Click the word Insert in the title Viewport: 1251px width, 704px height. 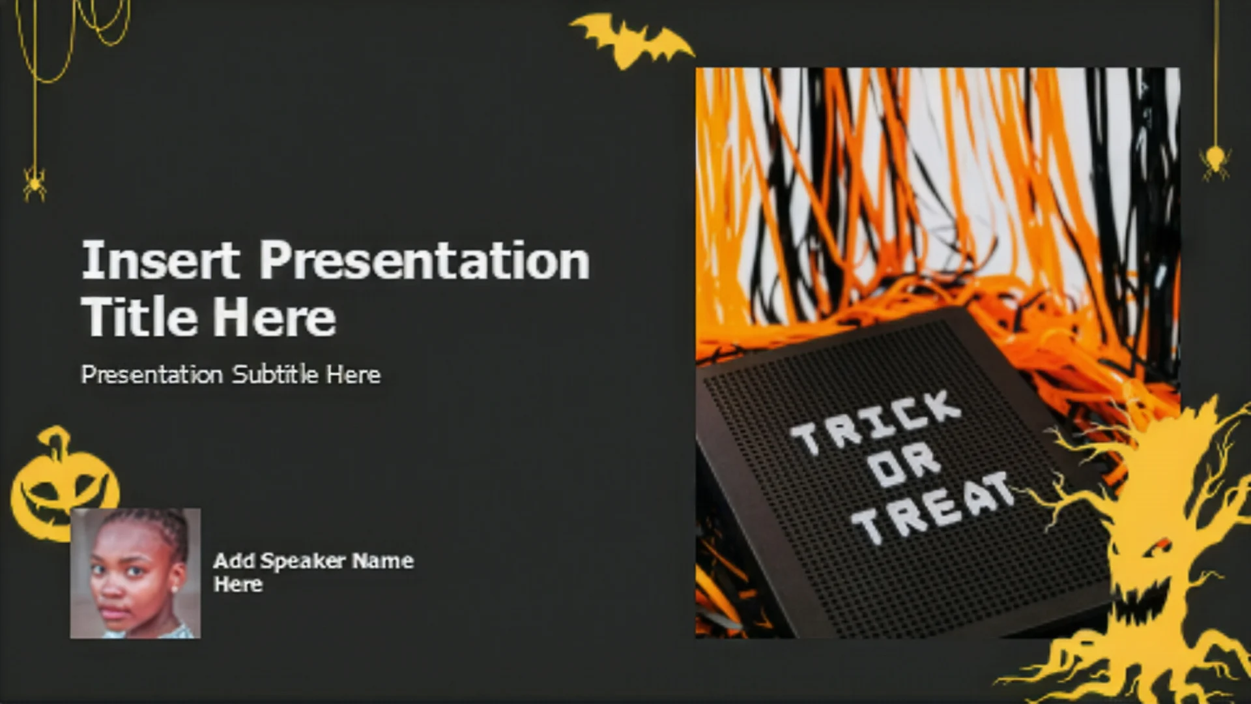[x=160, y=260]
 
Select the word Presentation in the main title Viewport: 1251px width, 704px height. [x=425, y=260]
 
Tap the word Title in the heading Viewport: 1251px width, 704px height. [x=139, y=317]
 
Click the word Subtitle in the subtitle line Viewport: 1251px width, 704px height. [x=276, y=374]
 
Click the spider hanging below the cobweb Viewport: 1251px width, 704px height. [x=35, y=184]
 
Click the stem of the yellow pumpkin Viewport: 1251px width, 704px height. [x=57, y=441]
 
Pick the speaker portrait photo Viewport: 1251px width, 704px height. [x=136, y=573]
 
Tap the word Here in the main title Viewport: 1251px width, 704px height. [x=274, y=317]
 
